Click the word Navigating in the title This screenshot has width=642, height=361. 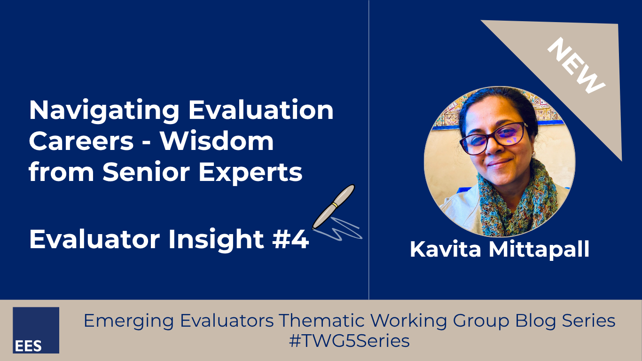[x=104, y=110]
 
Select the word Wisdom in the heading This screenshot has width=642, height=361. [x=217, y=141]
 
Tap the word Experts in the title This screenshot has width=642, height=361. [x=251, y=173]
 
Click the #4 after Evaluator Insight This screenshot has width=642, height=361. [x=290, y=239]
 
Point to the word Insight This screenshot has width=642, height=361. [x=216, y=239]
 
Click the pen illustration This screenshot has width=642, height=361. [x=333, y=207]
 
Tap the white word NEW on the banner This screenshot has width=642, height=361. [x=576, y=66]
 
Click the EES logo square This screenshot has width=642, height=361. [x=36, y=330]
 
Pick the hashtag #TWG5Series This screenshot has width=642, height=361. [x=349, y=341]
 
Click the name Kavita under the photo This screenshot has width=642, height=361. [x=446, y=250]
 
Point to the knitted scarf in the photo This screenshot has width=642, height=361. [x=516, y=201]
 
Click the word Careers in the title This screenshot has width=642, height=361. [x=81, y=141]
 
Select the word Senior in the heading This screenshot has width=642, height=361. [x=146, y=172]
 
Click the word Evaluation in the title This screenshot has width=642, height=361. [x=261, y=110]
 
